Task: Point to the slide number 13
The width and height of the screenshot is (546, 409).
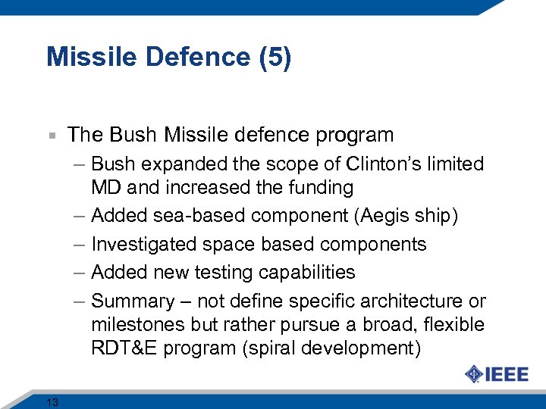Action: tap(52, 402)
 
